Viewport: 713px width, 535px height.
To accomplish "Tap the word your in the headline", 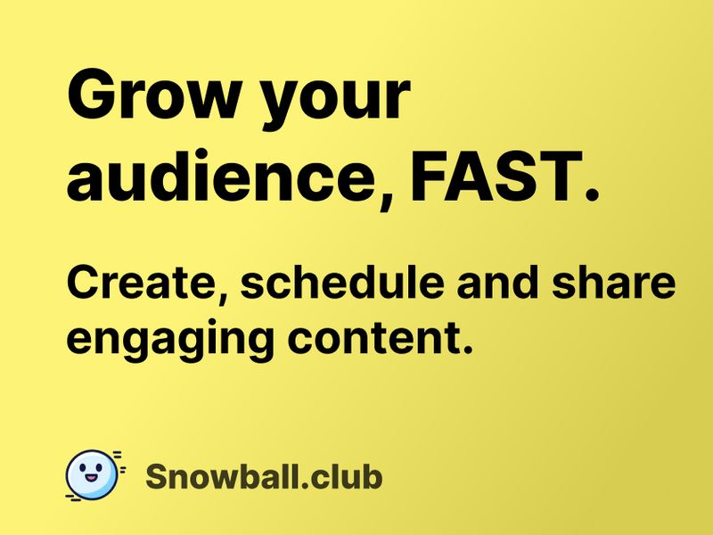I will coord(334,100).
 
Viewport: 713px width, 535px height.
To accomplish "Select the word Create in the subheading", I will coord(143,284).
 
